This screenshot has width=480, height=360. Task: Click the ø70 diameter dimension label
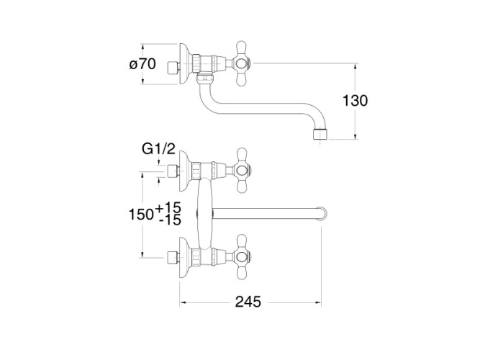[x=142, y=64]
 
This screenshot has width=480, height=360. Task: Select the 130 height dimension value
[x=355, y=101]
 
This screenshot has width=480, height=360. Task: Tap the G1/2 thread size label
[x=158, y=149]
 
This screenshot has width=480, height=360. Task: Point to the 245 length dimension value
[x=248, y=302]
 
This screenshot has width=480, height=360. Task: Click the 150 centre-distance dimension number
[x=141, y=215]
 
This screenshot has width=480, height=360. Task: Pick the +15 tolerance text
[x=168, y=208]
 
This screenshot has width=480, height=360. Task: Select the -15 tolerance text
[x=171, y=220]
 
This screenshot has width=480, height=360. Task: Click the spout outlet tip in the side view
[x=320, y=135]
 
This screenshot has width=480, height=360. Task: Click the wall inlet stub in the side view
[x=173, y=68]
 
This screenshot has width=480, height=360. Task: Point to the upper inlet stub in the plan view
[x=173, y=171]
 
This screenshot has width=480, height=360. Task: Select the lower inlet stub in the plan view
[x=173, y=258]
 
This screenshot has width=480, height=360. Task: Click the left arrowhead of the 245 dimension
[x=183, y=302]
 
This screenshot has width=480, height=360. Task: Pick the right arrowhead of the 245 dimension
[x=318, y=302]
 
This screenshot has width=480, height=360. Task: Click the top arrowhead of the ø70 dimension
[x=142, y=47]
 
